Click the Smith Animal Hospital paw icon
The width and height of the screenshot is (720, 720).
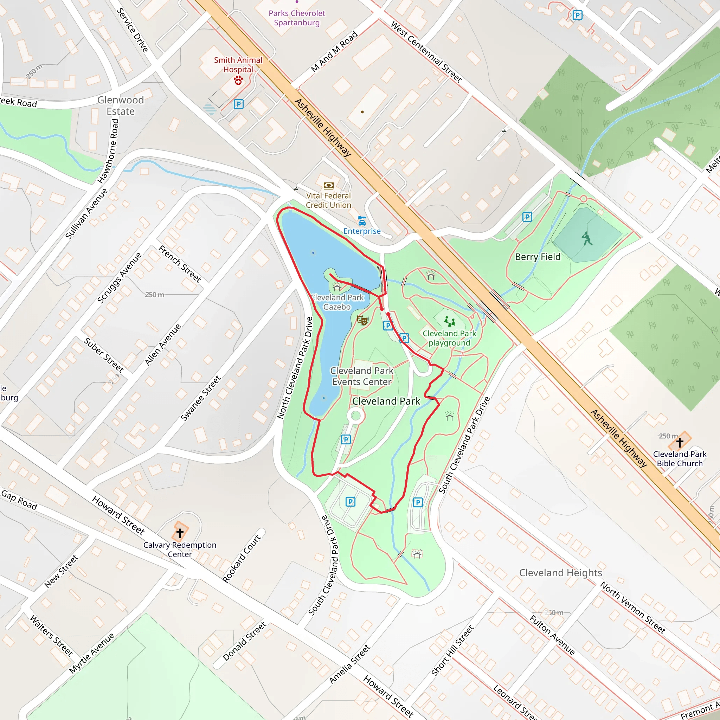click(238, 80)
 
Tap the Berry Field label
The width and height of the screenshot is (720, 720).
click(538, 257)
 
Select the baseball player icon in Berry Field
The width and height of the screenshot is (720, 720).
click(587, 239)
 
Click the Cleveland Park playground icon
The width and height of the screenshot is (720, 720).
click(449, 321)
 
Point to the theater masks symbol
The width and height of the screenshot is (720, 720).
click(362, 320)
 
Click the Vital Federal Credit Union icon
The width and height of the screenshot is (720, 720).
click(328, 186)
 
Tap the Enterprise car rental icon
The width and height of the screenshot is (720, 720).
click(362, 221)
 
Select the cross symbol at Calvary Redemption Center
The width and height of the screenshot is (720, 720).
click(180, 533)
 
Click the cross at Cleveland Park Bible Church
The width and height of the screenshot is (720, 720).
click(680, 442)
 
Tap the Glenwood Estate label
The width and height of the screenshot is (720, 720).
click(120, 105)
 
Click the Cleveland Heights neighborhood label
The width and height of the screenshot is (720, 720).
click(560, 573)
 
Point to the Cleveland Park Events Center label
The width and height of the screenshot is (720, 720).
click(361, 376)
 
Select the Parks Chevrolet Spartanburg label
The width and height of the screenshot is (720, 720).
click(297, 18)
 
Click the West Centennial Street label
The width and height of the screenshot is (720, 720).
click(426, 52)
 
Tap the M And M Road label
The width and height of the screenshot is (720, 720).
click(334, 51)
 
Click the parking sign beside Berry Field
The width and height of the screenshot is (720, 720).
click(527, 217)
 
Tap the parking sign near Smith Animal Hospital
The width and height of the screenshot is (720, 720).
click(238, 104)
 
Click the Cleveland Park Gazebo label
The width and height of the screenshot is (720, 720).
click(337, 302)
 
